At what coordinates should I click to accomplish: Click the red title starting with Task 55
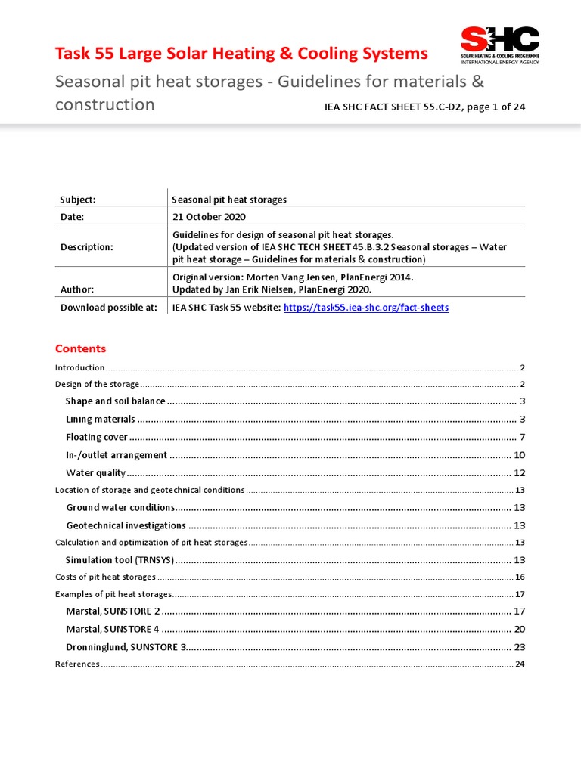241,54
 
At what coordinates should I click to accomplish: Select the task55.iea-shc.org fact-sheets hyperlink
365,308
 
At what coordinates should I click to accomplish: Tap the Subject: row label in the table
78,200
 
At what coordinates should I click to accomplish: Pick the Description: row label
87,247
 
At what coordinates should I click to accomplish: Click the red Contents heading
81,349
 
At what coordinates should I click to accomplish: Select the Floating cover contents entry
96,437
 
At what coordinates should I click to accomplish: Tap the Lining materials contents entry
100,419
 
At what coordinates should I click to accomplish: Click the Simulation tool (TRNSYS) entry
120,560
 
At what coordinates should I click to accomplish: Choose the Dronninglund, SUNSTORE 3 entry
126,647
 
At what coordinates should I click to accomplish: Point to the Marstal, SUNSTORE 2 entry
113,611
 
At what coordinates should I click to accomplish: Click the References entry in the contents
77,664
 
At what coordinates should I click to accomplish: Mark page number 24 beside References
520,664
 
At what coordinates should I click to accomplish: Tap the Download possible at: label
109,308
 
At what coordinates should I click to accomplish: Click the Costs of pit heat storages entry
106,577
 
